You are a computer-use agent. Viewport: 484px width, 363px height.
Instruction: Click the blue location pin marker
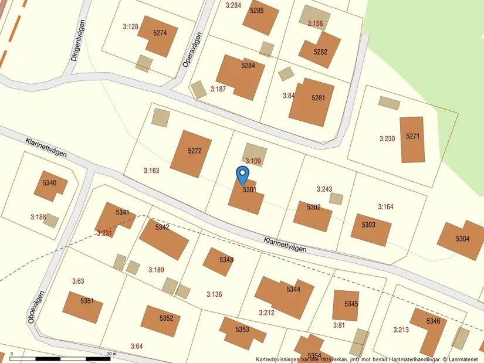[x=242, y=174]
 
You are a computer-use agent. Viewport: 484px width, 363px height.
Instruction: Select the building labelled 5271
[x=412, y=138]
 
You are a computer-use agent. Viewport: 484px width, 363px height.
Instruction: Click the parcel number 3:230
[x=387, y=139]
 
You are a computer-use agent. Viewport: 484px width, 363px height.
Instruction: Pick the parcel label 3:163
[x=151, y=171]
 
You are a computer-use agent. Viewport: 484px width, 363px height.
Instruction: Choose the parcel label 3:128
[x=130, y=26]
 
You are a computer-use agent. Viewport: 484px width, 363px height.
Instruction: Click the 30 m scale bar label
[x=111, y=354]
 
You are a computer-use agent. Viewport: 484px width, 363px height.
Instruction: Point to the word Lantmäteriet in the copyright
[x=463, y=359]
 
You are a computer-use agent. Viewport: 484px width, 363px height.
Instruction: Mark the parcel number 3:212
[x=266, y=313]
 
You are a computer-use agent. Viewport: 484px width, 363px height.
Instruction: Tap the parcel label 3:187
[x=218, y=89]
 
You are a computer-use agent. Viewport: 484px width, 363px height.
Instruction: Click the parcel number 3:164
[x=385, y=207]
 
